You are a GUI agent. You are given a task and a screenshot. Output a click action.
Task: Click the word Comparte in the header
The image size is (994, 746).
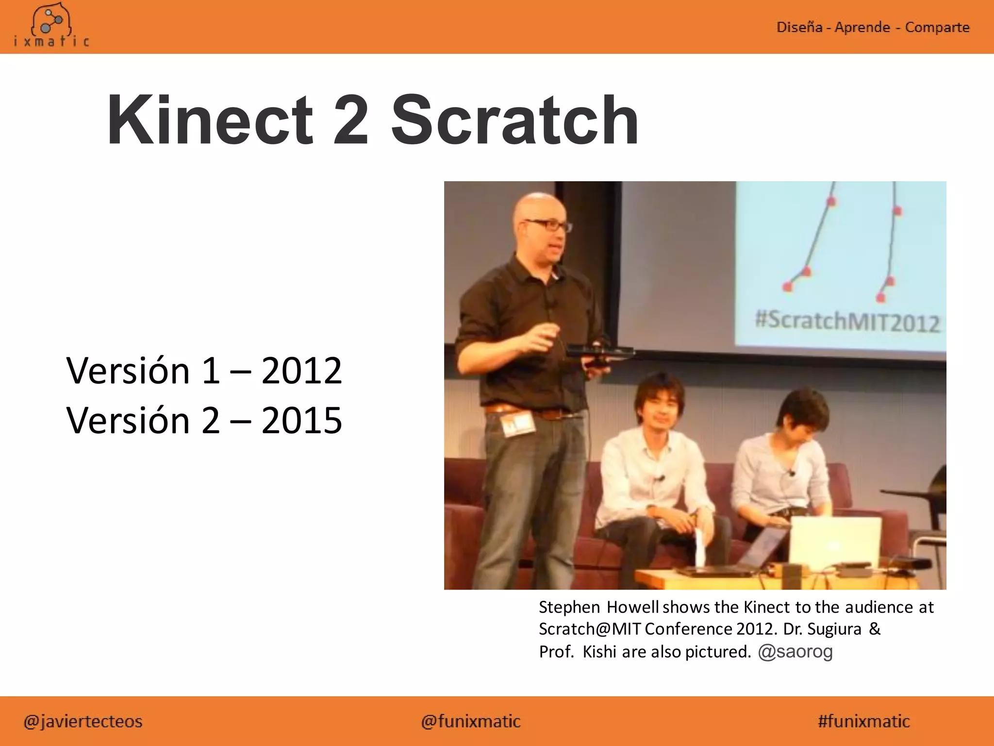[x=937, y=27]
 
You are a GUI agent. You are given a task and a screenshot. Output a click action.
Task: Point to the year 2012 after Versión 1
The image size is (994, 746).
[x=301, y=371]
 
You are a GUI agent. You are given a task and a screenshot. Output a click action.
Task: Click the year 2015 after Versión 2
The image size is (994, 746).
[x=301, y=421]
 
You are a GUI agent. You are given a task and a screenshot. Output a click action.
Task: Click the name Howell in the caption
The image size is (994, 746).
[x=632, y=607]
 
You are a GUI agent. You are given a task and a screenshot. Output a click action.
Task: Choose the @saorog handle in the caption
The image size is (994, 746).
[x=795, y=651]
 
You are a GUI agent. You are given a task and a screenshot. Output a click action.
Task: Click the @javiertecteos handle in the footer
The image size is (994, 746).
[x=83, y=721]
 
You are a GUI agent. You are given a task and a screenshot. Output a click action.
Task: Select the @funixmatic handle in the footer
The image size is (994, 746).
[x=471, y=721]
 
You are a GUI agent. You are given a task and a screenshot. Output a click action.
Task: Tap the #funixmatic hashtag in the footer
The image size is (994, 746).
[x=863, y=721]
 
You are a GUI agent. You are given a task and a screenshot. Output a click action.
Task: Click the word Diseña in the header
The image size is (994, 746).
[x=799, y=27]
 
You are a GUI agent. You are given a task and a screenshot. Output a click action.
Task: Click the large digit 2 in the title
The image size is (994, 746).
[x=350, y=120]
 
